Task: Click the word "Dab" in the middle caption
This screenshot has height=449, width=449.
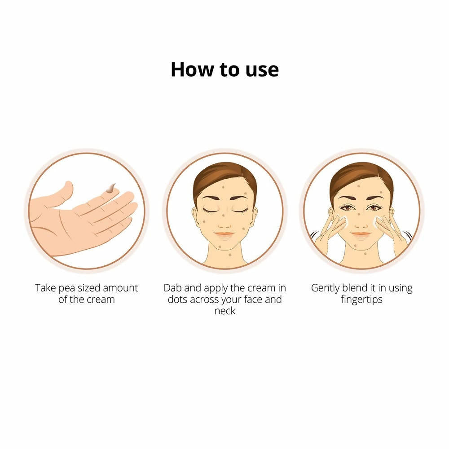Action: pyautogui.click(x=173, y=288)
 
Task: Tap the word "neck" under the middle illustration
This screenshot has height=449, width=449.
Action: pyautogui.click(x=225, y=311)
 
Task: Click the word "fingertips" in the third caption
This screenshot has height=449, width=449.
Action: pyautogui.click(x=361, y=300)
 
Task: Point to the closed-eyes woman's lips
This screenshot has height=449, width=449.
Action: pyautogui.click(x=224, y=234)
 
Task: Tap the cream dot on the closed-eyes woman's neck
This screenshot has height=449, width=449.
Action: pyautogui.click(x=230, y=255)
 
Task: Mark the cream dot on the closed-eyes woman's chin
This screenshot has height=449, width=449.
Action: pyautogui.click(x=220, y=246)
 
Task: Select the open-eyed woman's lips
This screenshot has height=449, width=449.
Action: pyautogui.click(x=361, y=234)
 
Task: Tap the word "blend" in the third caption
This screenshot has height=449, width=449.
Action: pyautogui.click(x=355, y=288)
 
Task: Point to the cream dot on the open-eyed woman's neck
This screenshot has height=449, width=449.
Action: pyautogui.click(x=365, y=253)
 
